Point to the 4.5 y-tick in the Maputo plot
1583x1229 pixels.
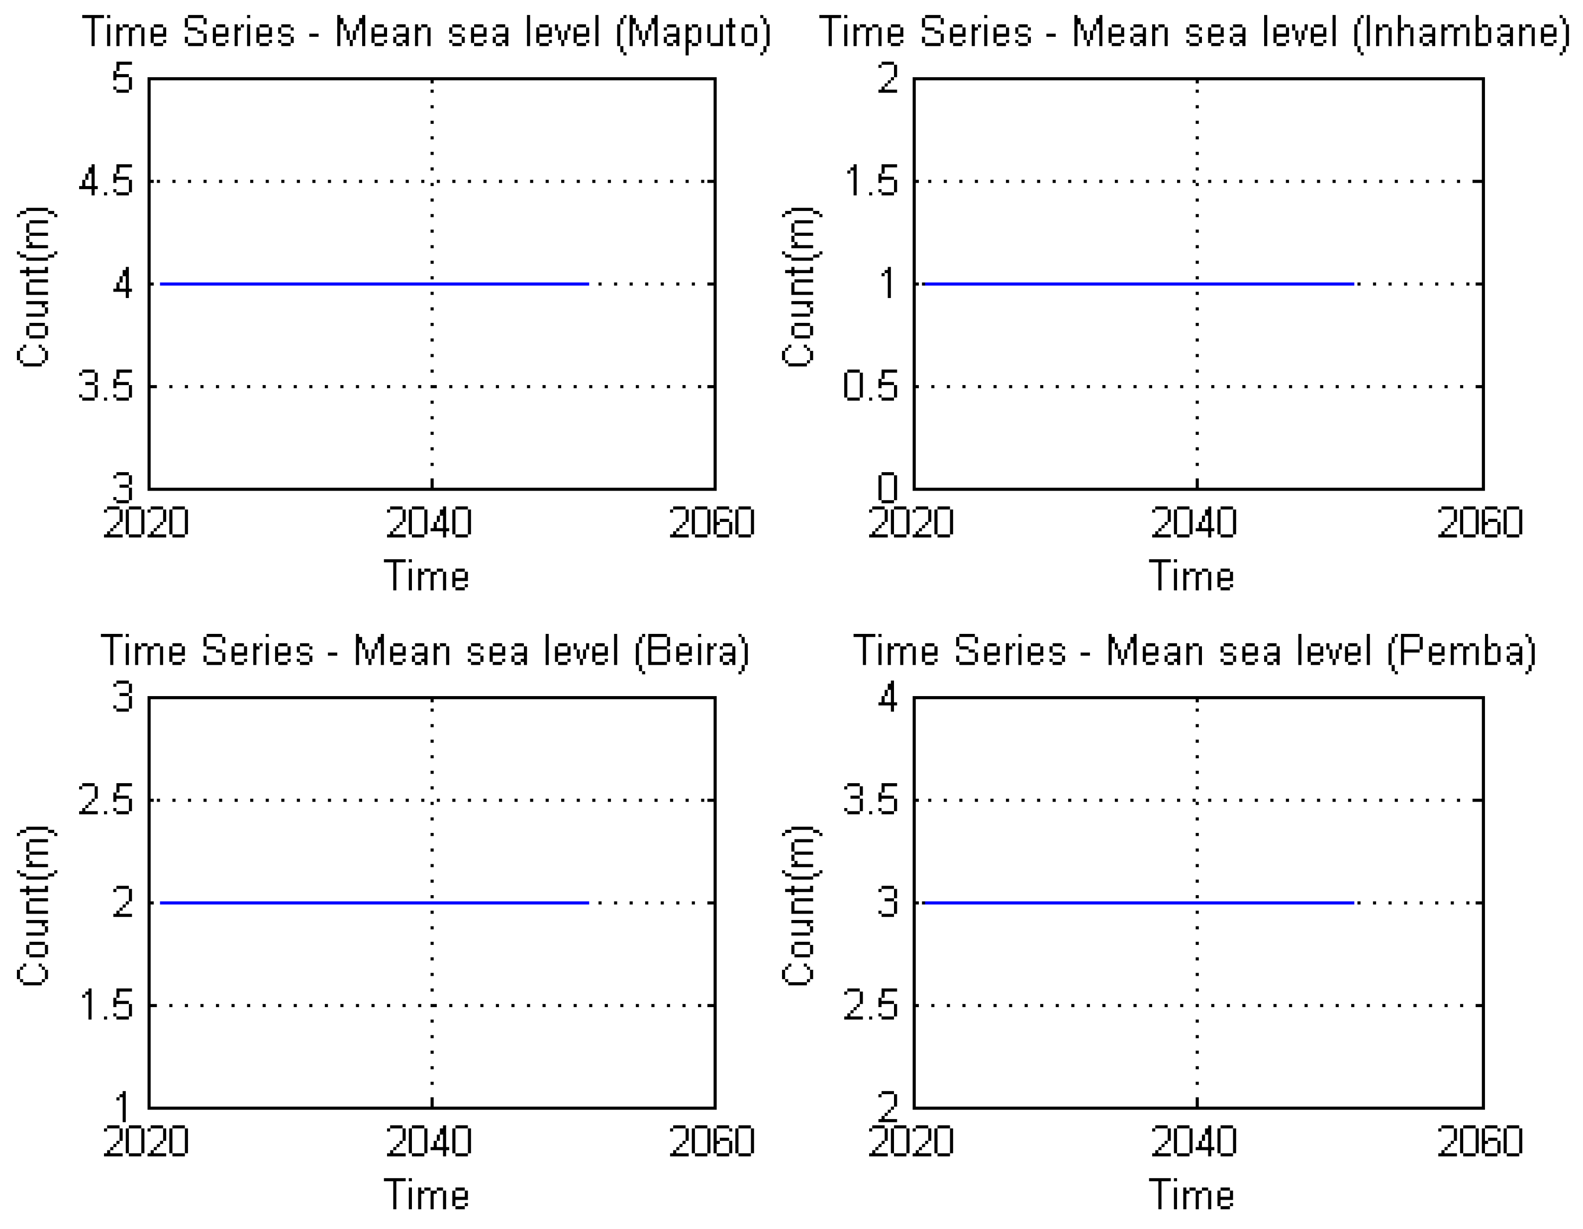pos(106,181)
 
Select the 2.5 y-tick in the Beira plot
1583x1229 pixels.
pos(106,801)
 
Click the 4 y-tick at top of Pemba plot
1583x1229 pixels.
pos(888,698)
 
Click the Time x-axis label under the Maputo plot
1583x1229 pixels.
pos(426,577)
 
